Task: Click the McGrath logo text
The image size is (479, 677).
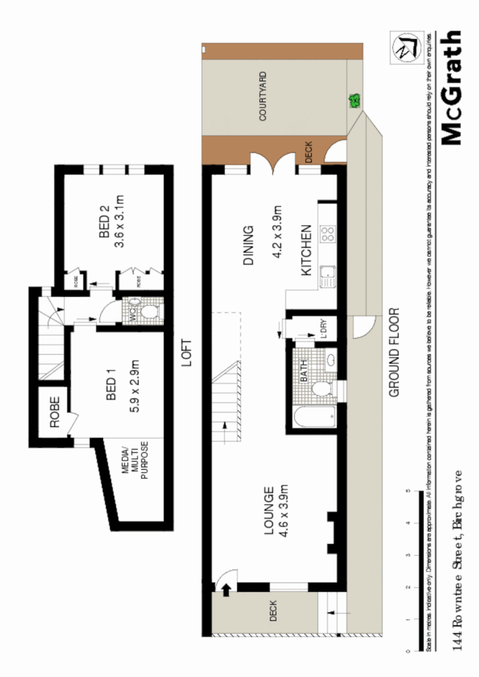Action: point(451,88)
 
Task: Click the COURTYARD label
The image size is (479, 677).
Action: point(262,96)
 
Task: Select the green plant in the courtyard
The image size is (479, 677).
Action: point(353,102)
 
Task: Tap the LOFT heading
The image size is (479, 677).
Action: point(187,353)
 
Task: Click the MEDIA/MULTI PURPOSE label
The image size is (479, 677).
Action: point(135,462)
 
